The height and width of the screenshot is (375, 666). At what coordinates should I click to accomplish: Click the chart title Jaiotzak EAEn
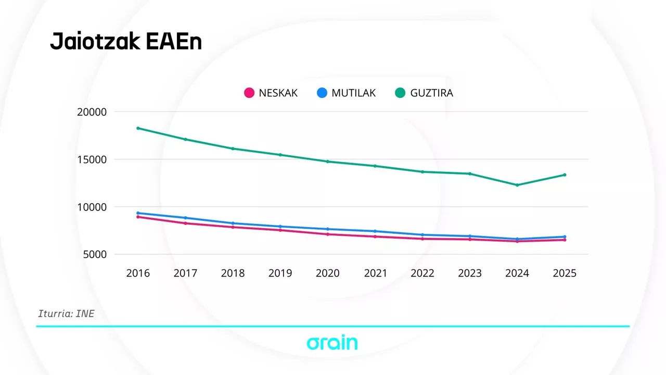tap(125, 42)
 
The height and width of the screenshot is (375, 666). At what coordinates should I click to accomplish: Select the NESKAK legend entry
tap(271, 93)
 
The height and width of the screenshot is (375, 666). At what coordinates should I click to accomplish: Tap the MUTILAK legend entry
tap(346, 93)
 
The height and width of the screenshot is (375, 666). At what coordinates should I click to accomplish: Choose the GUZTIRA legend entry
tap(424, 93)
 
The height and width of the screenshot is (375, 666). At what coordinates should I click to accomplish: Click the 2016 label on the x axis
tap(138, 273)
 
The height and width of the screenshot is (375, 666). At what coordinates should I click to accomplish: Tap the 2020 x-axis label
tap(328, 273)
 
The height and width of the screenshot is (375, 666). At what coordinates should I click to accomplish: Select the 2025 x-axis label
tap(565, 273)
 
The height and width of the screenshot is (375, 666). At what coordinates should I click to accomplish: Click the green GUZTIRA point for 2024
tap(517, 185)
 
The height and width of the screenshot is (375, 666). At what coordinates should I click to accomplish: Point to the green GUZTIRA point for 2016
tap(138, 128)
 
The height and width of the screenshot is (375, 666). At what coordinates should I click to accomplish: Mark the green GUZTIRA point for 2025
tap(565, 175)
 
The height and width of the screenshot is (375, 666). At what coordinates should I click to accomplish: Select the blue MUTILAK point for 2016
tap(138, 213)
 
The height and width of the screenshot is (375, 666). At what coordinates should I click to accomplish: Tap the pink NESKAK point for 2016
tap(138, 217)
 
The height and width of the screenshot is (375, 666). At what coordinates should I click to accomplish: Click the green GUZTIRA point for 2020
tap(328, 161)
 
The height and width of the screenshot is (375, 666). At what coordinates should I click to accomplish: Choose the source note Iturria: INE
tap(66, 314)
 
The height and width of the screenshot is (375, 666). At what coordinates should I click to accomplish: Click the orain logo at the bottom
tap(332, 343)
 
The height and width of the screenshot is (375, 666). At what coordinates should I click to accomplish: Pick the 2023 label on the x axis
tap(470, 273)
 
